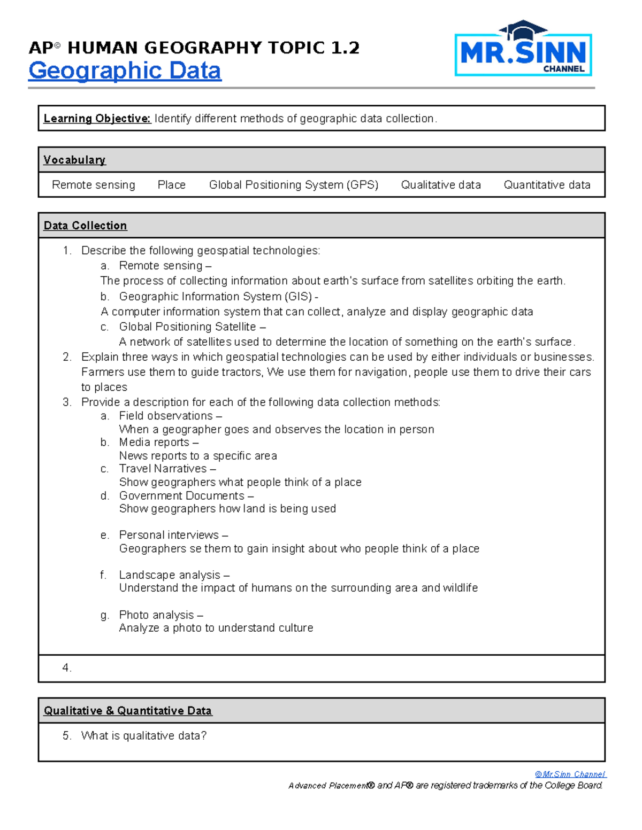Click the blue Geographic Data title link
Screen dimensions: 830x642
125,71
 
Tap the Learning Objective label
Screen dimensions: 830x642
97,119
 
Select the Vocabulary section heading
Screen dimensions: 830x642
74,160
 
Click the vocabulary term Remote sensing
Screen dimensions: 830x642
94,185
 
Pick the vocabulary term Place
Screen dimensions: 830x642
171,185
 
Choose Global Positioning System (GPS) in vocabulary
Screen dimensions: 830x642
293,185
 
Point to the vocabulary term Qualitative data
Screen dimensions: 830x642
441,185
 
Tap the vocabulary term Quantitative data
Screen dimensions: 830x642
547,185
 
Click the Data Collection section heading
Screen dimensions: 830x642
85,226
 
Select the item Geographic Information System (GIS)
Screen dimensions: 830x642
216,297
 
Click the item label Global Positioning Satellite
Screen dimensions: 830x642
188,327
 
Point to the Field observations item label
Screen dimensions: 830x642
166,416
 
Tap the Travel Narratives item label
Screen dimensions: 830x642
163,469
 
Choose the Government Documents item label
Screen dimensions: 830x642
182,495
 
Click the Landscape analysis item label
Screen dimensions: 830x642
170,575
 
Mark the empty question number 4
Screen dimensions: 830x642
66,668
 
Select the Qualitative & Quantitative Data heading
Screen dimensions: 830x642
128,711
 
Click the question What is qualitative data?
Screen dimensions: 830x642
143,736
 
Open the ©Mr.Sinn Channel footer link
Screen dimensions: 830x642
570,774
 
